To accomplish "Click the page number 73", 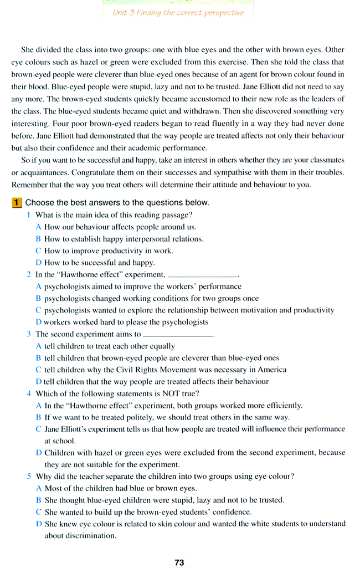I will tap(179, 562).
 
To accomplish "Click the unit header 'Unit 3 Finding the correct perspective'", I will tap(178, 13).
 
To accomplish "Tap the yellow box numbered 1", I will tap(17, 203).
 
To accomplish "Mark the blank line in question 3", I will tap(178, 335).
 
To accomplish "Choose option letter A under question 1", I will tap(38, 227).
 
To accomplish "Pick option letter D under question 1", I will tap(38, 263).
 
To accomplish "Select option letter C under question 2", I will tap(38, 310).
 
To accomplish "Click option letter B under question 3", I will tap(38, 358).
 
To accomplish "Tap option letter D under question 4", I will tap(38, 453).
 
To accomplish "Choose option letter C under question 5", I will tap(38, 512).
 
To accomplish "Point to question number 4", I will tap(29, 394).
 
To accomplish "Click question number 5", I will tap(29, 476).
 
